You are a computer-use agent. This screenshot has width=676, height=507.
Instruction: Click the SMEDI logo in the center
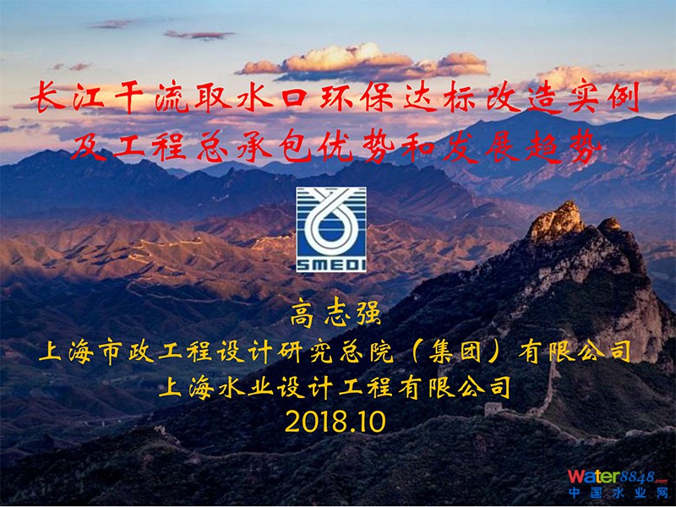(331, 229)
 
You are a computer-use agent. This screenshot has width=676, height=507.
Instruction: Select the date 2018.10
(335, 422)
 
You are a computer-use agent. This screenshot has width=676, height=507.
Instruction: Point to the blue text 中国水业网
(618, 493)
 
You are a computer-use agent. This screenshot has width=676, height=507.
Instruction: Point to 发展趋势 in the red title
(522, 146)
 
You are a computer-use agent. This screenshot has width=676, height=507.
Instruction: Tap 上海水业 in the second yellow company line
(216, 387)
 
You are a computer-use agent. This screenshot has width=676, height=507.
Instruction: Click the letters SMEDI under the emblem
(331, 264)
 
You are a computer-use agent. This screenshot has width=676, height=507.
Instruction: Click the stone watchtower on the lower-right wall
(493, 408)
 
